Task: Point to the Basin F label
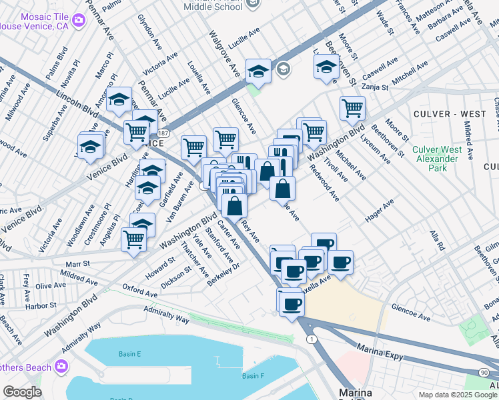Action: tap(253, 376)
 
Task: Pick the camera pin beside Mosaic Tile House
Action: tap(79, 20)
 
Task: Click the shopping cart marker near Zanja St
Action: tap(352, 107)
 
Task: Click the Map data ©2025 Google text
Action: tap(457, 394)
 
